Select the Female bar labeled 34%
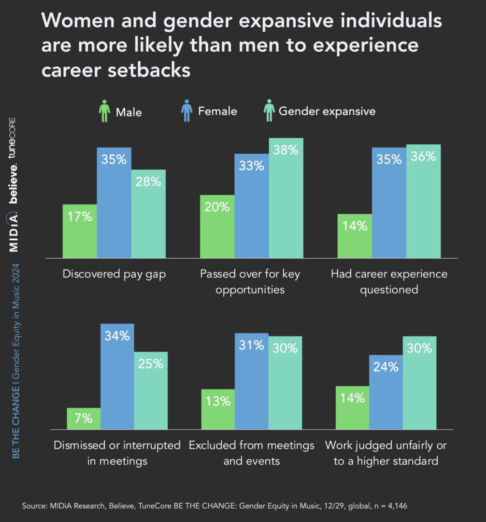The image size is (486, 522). point(117,377)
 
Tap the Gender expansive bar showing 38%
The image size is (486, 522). point(286,198)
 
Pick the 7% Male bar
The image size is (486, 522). point(84,419)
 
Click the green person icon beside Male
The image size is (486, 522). point(104,112)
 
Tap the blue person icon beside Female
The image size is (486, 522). point(186,111)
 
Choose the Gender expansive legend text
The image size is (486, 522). point(327,111)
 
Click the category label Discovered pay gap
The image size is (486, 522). point(114,274)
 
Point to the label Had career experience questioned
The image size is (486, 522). point(389,282)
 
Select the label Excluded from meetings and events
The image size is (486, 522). point(251,453)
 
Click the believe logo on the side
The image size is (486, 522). point(14,184)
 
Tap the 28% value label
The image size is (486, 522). point(148,182)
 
